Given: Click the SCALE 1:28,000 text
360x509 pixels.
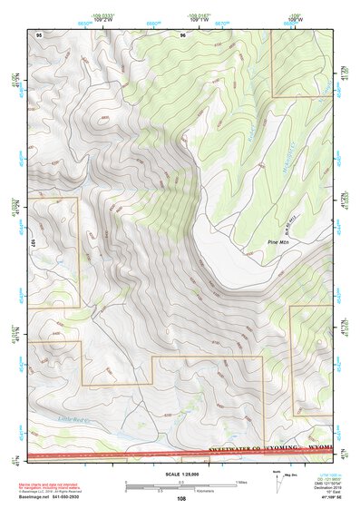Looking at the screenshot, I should [x=180, y=475].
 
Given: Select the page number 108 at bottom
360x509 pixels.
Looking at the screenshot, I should [x=181, y=499].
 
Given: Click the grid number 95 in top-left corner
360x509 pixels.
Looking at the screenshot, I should [x=39, y=34].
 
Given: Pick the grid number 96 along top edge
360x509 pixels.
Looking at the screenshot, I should [x=183, y=34].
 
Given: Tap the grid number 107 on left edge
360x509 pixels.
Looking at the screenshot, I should [x=32, y=243].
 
